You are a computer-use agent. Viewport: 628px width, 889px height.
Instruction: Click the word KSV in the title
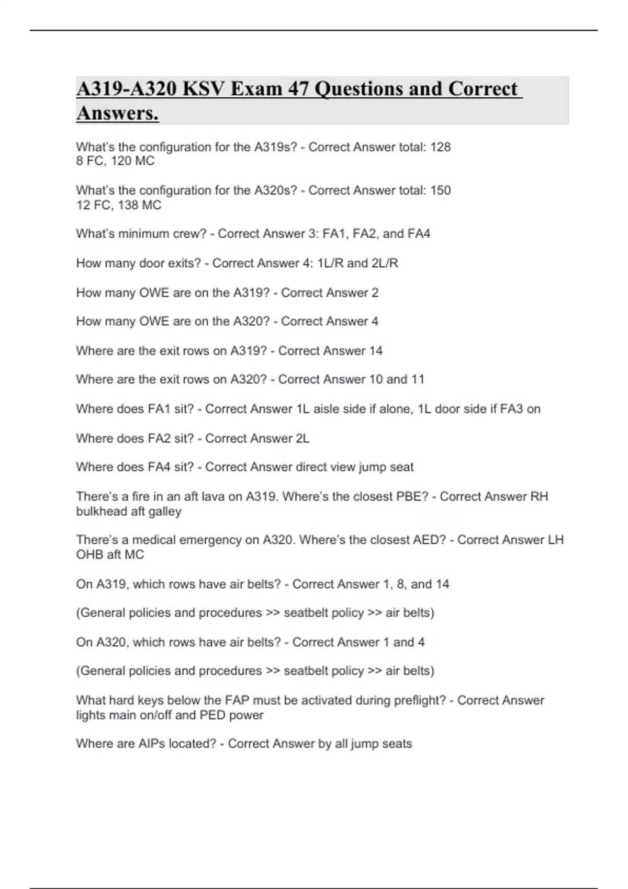coord(201,89)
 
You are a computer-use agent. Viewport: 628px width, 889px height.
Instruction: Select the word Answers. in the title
coord(117,113)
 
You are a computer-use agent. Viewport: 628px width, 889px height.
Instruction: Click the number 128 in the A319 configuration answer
coord(440,147)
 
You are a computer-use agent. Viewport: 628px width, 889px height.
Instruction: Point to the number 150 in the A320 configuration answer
coord(440,190)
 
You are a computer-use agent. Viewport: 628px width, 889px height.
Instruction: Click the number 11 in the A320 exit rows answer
coord(417,379)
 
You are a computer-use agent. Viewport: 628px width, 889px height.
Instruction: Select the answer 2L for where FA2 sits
coord(302,438)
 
